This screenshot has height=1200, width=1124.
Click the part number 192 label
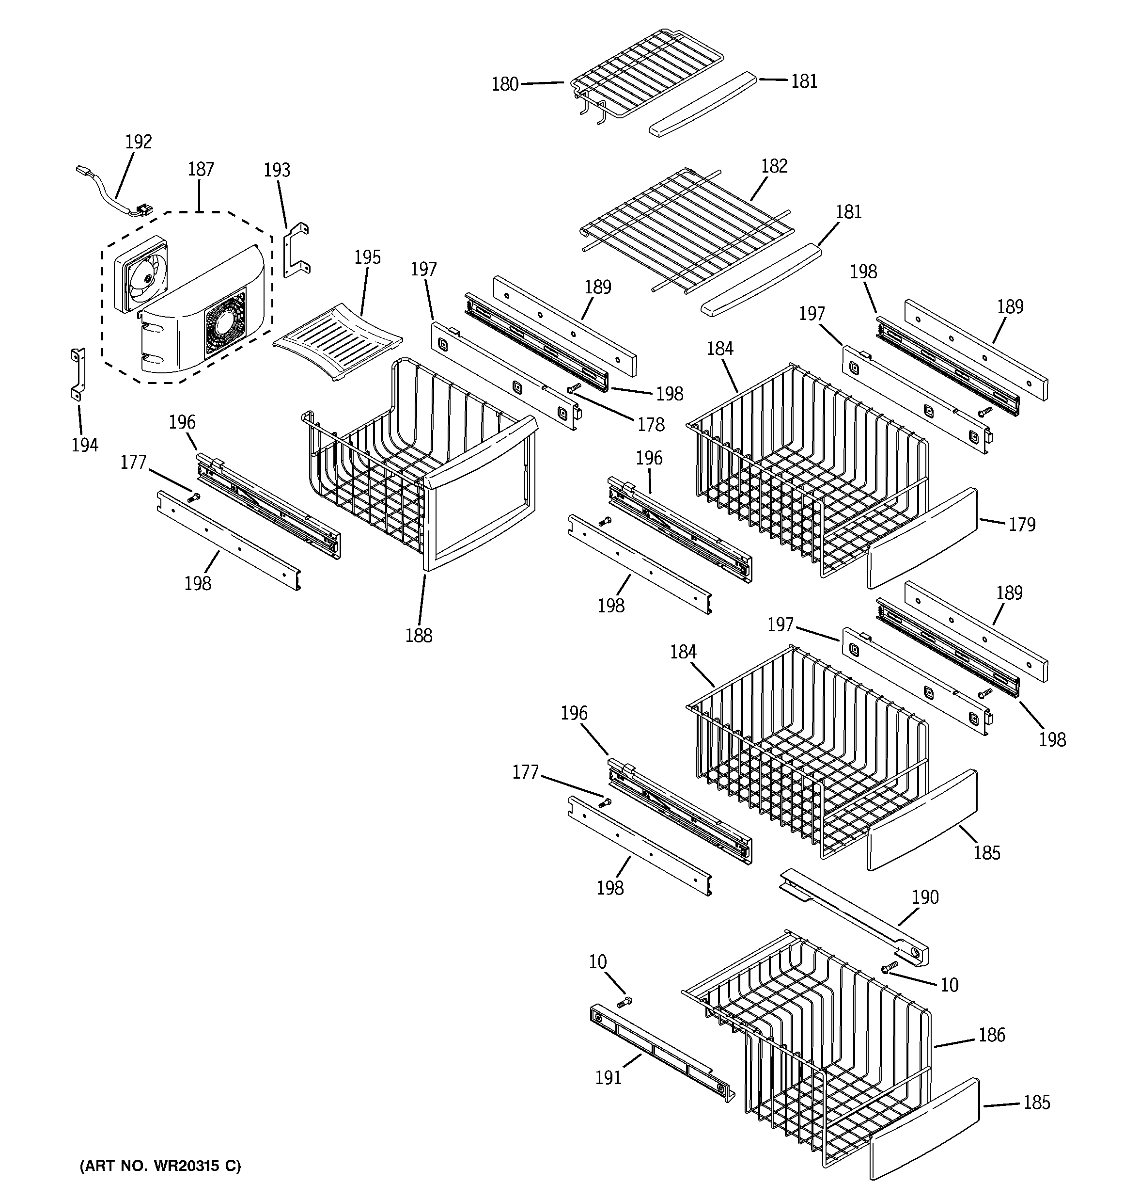(138, 142)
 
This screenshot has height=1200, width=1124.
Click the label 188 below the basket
(419, 635)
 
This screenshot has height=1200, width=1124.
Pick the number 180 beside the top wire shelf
(505, 84)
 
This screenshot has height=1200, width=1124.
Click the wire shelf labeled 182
(685, 229)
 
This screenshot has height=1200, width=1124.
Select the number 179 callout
(1022, 524)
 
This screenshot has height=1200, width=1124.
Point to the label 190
(925, 897)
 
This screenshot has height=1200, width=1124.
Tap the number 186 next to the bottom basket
(992, 1035)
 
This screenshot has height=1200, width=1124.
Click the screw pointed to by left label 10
(624, 1002)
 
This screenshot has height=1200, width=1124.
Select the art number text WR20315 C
(160, 1166)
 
